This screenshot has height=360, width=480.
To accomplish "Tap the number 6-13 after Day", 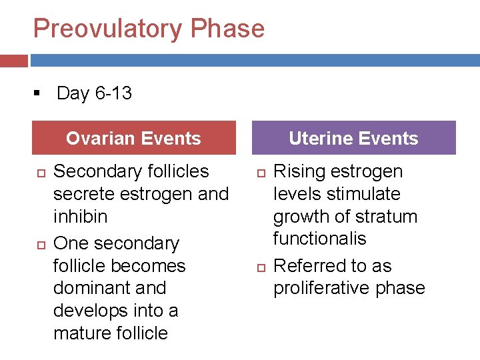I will coord(113,93).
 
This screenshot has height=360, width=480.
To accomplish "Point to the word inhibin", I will coord(80,217).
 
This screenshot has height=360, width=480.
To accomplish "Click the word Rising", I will coord(297,171).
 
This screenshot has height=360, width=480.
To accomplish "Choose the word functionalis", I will coord(321,239).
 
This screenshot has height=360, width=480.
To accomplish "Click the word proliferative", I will coord(322,288).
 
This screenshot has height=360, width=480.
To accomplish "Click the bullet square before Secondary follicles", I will coord(39,173).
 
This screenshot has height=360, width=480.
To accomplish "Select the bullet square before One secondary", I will coord(39,245).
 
